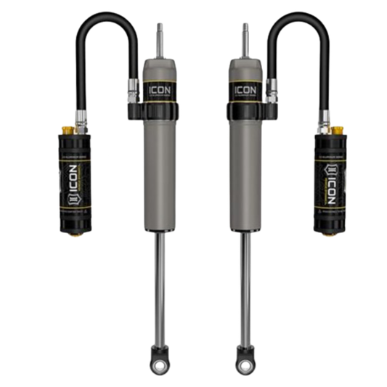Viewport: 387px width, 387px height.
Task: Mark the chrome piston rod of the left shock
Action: (158, 276)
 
